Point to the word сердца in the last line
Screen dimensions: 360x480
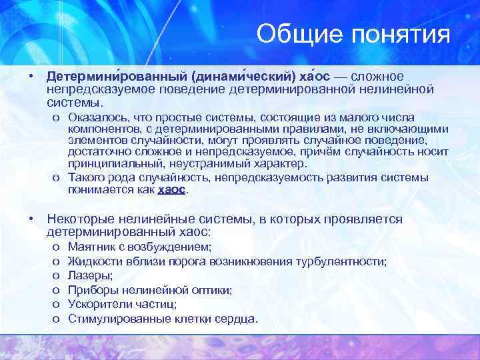click(236, 319)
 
